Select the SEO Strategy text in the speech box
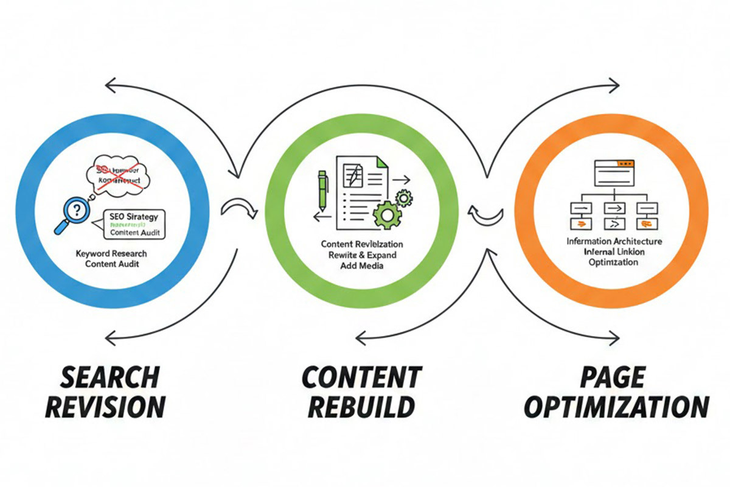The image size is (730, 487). [134, 215]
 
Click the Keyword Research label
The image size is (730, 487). [111, 253]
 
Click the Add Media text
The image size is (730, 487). [362, 266]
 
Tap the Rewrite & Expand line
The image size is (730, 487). [362, 255]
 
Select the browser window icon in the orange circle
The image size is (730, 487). [614, 173]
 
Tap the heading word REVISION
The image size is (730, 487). [105, 407]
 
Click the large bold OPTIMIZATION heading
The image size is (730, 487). [616, 407]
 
